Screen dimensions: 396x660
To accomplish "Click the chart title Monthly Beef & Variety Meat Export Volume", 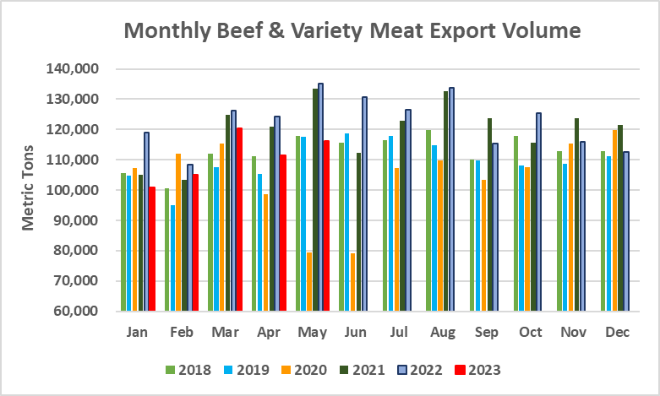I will (x=352, y=31).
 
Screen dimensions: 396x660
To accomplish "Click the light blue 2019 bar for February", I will (x=172, y=258).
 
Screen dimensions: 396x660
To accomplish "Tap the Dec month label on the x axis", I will (x=617, y=333).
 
